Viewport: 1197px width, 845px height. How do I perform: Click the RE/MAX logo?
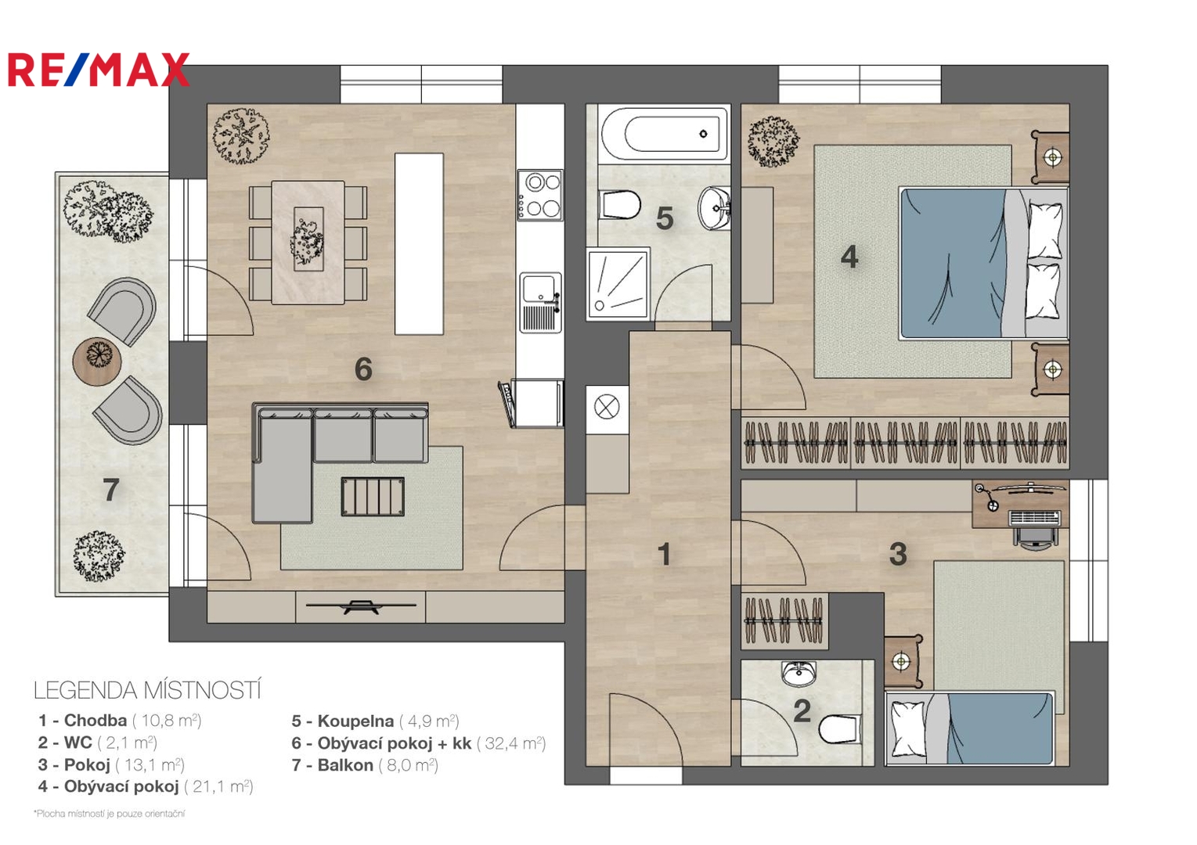[x=99, y=70]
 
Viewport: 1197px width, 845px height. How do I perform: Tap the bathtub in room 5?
[x=664, y=134]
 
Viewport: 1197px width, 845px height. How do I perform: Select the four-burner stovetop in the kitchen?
[x=539, y=195]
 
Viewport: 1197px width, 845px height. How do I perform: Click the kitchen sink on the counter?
[x=541, y=303]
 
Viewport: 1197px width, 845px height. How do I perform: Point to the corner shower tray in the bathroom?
[x=618, y=284]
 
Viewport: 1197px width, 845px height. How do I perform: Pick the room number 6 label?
[x=363, y=369]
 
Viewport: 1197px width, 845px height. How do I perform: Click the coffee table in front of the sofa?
[x=373, y=496]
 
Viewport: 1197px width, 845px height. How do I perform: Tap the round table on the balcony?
[x=97, y=361]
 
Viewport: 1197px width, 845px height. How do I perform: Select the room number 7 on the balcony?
[x=110, y=490]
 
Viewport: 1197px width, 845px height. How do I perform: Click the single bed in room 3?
[x=969, y=728]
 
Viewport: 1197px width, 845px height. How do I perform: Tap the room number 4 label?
[x=849, y=257]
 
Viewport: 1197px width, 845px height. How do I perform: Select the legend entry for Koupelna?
[x=375, y=721]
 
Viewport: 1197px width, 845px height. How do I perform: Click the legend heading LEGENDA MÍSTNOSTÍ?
[x=147, y=690]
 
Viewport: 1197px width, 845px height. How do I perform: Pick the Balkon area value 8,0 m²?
[x=408, y=765]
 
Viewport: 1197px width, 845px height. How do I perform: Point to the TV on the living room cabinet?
[x=361, y=606]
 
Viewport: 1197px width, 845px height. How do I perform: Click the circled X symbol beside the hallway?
[x=607, y=408]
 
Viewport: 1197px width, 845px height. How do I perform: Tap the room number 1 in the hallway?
[x=664, y=554]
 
